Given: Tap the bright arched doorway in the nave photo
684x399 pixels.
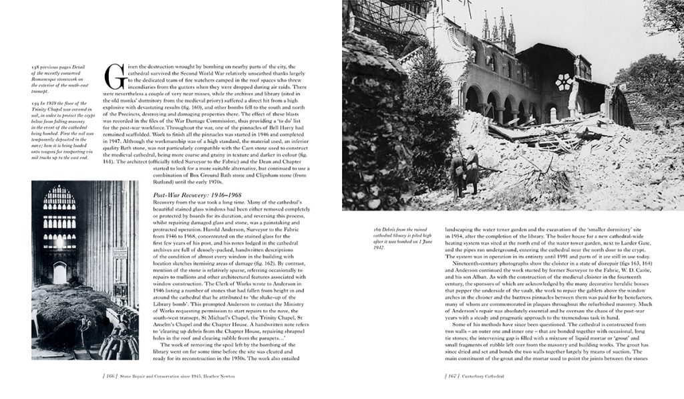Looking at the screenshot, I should coord(60,273).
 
